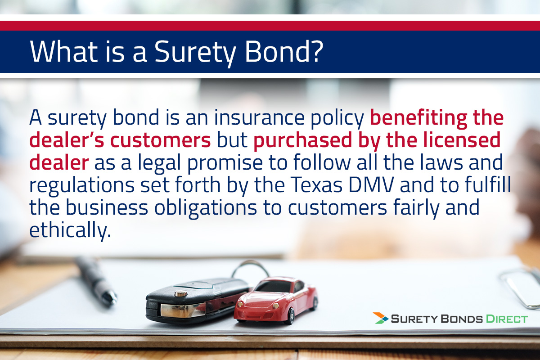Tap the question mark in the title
[315, 51]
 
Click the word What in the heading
[63, 51]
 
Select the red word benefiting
[418, 117]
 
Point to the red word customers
[161, 140]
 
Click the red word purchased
[302, 141]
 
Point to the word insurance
[259, 117]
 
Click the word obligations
[206, 208]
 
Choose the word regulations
[82, 185]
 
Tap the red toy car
[275, 300]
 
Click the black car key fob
[197, 301]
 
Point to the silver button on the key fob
[181, 293]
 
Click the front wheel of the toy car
[291, 316]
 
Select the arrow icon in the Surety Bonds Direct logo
[380, 318]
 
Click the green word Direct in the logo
[507, 319]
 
